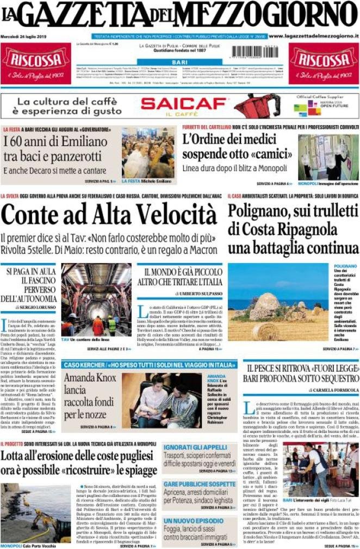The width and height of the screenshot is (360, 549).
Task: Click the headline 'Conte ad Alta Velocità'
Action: click(x=109, y=216)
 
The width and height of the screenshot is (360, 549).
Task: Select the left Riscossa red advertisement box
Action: click(x=36, y=63)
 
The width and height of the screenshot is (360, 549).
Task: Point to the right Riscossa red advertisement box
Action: click(x=324, y=63)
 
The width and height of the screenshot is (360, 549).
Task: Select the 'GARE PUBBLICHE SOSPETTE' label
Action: click(x=200, y=484)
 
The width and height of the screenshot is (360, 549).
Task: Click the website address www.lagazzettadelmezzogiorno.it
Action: click(x=313, y=36)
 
